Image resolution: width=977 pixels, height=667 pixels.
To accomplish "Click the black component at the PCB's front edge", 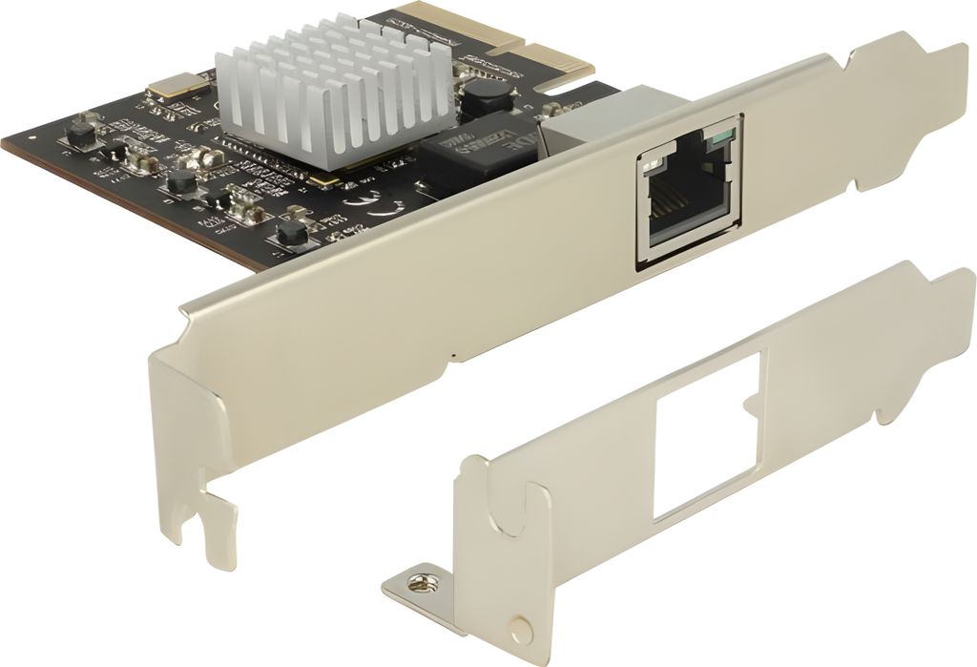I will point(288,233).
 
